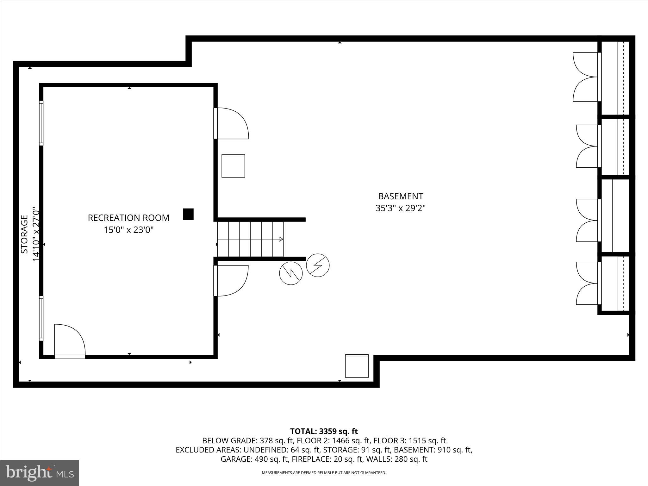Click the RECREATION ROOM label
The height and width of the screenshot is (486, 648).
(x=128, y=218)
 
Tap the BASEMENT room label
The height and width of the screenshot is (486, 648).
(x=400, y=196)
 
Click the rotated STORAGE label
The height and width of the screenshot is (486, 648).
(x=24, y=234)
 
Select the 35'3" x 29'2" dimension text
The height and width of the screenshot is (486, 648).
(x=400, y=208)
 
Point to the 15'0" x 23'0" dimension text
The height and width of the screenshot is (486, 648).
(x=128, y=230)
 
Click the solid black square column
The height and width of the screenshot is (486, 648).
(x=188, y=214)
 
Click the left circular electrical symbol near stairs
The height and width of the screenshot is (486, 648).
(x=291, y=273)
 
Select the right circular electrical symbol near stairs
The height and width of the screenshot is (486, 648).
(x=318, y=265)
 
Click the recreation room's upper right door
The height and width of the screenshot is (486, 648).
(x=231, y=123)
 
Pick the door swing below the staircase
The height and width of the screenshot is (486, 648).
(x=231, y=281)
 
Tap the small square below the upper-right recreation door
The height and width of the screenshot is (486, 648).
(x=233, y=166)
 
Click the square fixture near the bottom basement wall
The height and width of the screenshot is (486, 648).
(x=357, y=366)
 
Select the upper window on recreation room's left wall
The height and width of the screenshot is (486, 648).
(x=41, y=123)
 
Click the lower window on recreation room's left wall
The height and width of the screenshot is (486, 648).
(x=41, y=318)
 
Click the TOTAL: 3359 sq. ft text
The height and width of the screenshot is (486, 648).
(x=324, y=431)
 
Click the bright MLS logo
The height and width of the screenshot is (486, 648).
(x=40, y=473)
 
